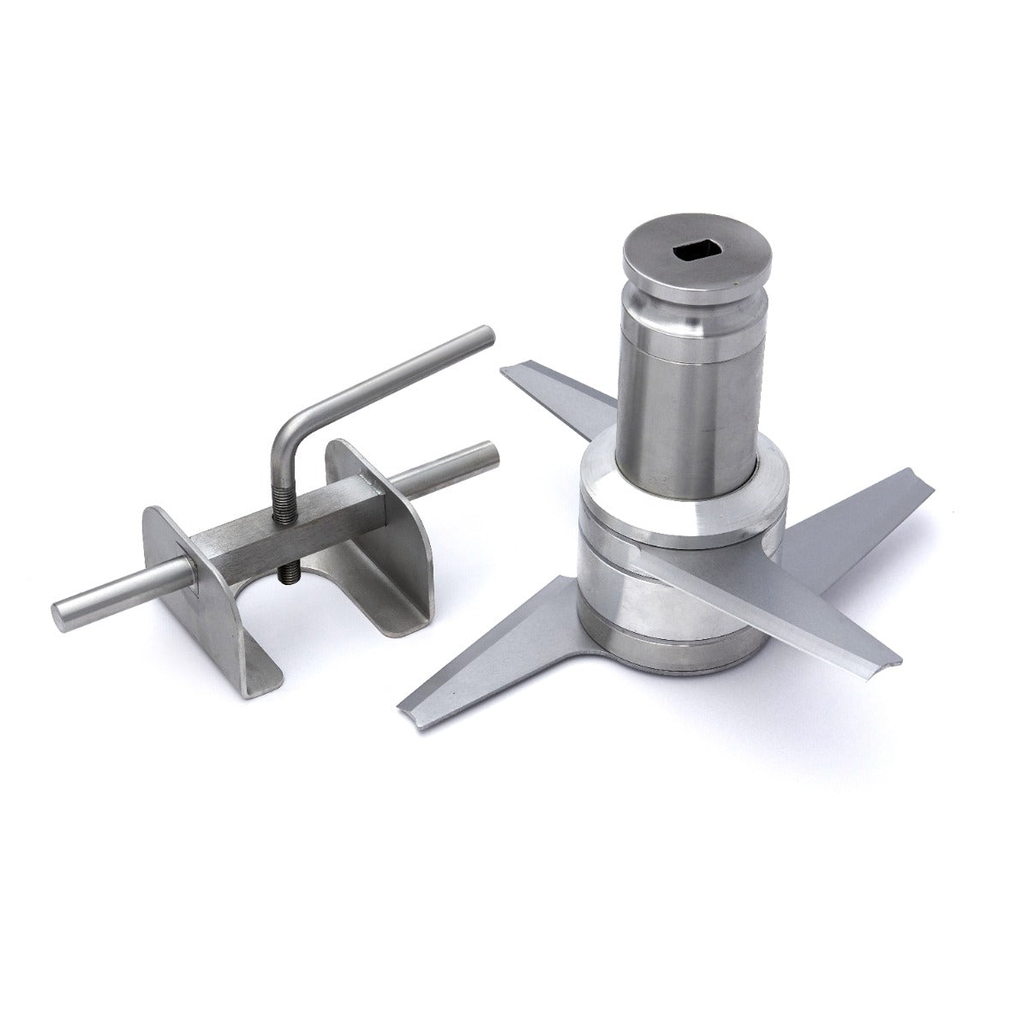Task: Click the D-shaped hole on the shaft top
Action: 696,251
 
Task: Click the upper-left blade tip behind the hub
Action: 514,370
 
